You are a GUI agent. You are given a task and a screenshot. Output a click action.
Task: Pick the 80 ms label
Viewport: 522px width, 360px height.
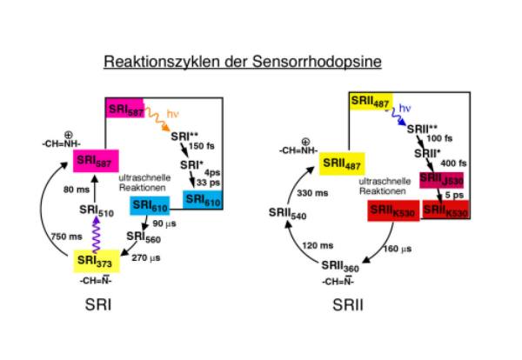click(76, 186)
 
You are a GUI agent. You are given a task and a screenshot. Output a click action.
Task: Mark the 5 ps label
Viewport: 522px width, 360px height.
click(457, 195)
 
